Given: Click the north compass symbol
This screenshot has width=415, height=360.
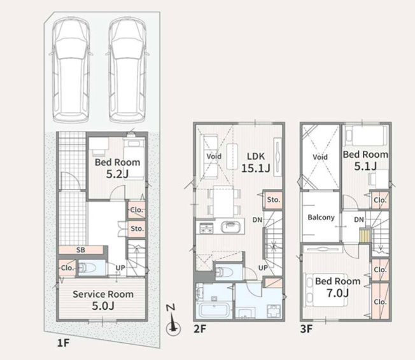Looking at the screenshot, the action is [x=173, y=322].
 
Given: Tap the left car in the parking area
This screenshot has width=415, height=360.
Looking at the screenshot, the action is [x=71, y=70].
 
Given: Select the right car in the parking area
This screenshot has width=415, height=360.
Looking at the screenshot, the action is [x=127, y=70].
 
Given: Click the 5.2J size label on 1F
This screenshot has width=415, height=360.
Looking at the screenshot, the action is [x=117, y=174].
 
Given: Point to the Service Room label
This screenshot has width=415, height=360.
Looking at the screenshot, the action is [x=103, y=294].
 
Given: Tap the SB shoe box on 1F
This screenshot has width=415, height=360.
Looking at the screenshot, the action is [x=81, y=250].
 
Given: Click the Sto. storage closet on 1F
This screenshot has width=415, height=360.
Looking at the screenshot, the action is [x=137, y=228].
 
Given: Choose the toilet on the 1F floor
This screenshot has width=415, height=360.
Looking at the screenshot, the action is [x=87, y=268].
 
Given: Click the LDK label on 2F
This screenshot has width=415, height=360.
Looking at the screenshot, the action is [x=256, y=156].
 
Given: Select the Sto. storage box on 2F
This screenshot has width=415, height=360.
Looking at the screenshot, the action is [x=273, y=200].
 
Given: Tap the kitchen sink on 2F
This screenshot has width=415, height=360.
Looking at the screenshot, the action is [x=230, y=227].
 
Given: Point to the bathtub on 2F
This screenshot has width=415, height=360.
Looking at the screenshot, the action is [x=213, y=310].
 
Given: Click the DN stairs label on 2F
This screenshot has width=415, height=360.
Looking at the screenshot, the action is [x=257, y=219].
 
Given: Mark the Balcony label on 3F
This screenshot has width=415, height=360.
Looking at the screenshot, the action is [x=321, y=218].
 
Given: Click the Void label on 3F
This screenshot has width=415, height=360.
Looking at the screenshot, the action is [x=320, y=157].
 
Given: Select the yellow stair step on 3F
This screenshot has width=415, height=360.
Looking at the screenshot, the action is [x=364, y=235].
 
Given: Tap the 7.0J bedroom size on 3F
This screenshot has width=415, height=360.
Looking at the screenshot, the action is [x=337, y=293].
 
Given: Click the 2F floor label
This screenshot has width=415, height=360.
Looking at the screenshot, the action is [x=200, y=329].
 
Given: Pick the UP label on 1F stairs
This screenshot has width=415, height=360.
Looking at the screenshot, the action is [x=120, y=268].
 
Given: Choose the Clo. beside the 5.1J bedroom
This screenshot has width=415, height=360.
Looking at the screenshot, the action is [x=380, y=200].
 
